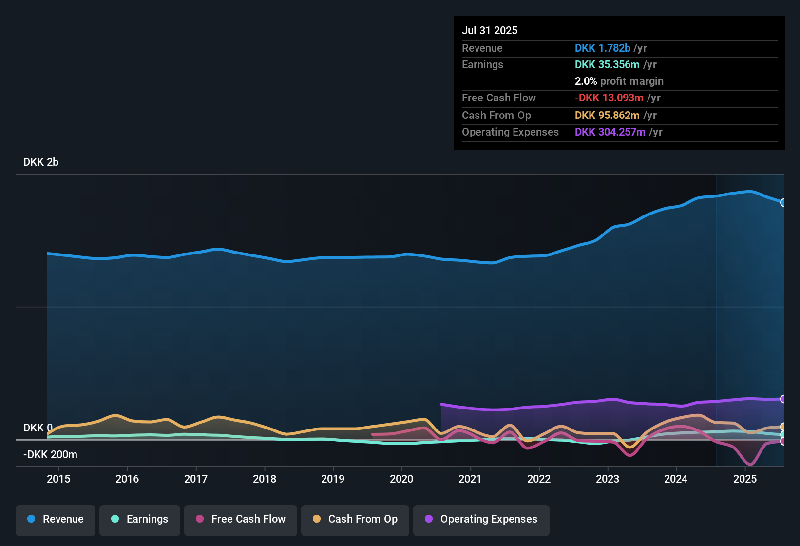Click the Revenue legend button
56,519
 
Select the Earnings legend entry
140,519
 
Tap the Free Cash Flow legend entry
241,519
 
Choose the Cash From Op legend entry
355,519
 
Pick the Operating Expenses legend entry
481,519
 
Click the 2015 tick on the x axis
58,479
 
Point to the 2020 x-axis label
401,479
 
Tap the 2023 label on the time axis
608,479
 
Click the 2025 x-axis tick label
745,479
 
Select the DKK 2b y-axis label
41,162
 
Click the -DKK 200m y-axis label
51,455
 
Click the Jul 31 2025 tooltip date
490,30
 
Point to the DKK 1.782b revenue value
602,48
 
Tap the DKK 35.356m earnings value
607,65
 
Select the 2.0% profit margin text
619,81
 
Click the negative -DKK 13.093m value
609,98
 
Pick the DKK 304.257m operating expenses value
610,132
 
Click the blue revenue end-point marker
783,202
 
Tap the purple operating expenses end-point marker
783,399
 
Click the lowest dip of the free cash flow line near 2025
750,464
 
